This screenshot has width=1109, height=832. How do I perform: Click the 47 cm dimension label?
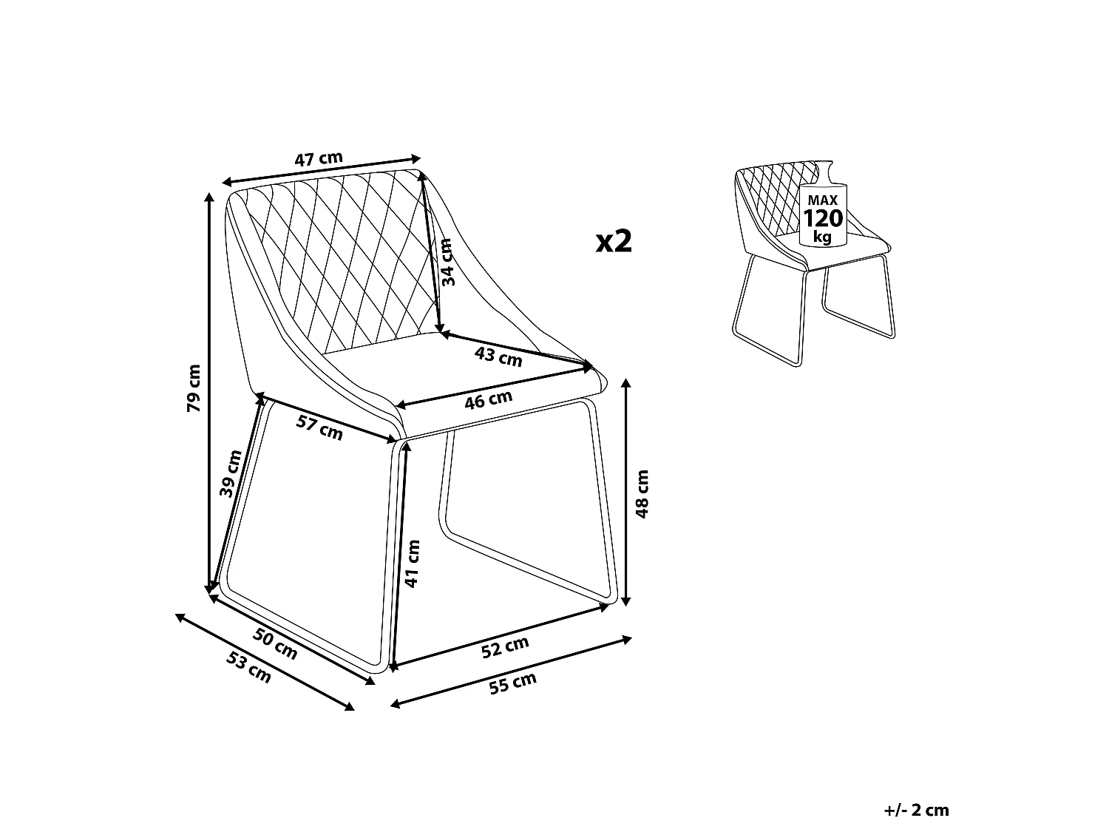coord(319,159)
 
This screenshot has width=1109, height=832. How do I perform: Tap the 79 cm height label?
coord(194,388)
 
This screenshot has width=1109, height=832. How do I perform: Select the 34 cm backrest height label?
coord(447,263)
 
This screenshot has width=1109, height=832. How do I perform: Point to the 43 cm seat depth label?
coord(498,356)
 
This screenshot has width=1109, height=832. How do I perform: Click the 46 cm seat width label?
coord(488,400)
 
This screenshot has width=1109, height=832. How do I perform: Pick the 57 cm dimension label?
coord(319,427)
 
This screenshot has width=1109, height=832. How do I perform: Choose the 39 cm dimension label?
coord(231,473)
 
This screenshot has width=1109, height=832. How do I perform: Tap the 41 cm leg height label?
coord(413,564)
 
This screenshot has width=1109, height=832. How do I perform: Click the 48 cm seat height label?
coord(642,494)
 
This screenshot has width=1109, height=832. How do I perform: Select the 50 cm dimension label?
coord(275,644)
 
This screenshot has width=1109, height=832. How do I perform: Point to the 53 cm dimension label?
coord(248,667)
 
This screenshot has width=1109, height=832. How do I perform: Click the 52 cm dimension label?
coord(505,647)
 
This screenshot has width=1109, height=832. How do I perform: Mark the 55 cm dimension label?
coord(512,683)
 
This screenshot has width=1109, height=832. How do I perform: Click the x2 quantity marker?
coord(614,241)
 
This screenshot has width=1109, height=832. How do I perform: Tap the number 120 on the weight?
coord(823,219)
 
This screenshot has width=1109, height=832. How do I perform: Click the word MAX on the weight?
coord(823,200)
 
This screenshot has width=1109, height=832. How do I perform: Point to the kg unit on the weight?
coord(823,237)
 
